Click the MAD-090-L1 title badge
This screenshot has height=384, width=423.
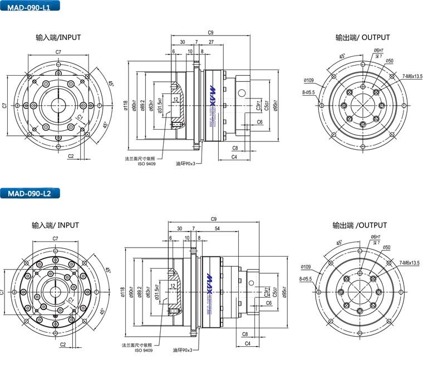pyautogui.click(x=29, y=7)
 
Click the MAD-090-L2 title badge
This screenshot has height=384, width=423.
pyautogui.click(x=29, y=194)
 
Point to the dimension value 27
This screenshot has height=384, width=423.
pyautogui.click(x=211, y=42)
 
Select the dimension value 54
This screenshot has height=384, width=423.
pyautogui.click(x=216, y=229)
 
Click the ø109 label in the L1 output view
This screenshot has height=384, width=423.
pyautogui.click(x=309, y=80)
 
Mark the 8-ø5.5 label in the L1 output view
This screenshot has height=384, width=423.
pyautogui.click(x=308, y=92)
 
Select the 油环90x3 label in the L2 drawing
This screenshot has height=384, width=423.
pyautogui.click(x=182, y=350)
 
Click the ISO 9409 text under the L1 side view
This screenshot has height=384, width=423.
pyautogui.click(x=146, y=164)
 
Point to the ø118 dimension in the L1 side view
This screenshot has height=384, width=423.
pyautogui.click(x=126, y=105)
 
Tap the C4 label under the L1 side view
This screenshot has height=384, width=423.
pyautogui.click(x=234, y=157)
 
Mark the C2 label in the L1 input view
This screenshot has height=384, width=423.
pyautogui.click(x=71, y=156)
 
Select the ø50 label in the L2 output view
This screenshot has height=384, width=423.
pyautogui.click(x=387, y=247)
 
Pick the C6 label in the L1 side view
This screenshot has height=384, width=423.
pyautogui.click(x=260, y=121)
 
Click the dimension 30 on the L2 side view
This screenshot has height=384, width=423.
pyautogui.click(x=179, y=229)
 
